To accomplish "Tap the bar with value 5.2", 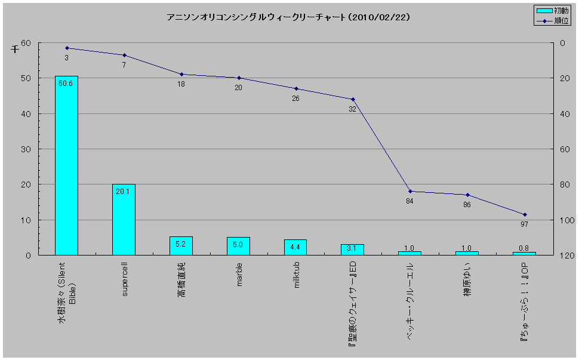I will [x=181, y=245].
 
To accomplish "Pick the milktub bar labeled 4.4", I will [x=295, y=247].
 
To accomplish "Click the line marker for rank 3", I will [x=66, y=48].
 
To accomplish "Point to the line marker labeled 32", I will [x=353, y=99].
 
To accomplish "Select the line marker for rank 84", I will [x=410, y=191].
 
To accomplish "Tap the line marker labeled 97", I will [x=525, y=214].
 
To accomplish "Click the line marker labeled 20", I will [x=239, y=78].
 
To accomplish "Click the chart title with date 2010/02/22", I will [x=288, y=17].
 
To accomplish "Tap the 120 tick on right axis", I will [x=566, y=256].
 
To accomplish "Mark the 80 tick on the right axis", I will [x=565, y=184].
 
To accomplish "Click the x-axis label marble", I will [x=239, y=275].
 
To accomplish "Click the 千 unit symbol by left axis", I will [x=15, y=50].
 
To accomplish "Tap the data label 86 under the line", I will [x=467, y=205].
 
